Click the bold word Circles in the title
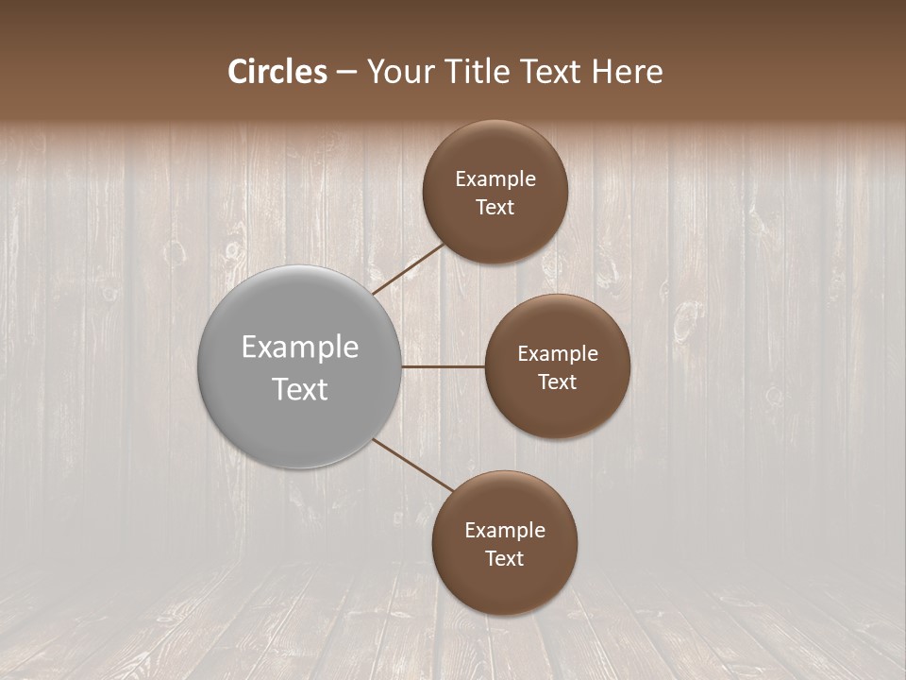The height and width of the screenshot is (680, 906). [277, 72]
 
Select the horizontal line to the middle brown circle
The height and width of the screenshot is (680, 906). [444, 366]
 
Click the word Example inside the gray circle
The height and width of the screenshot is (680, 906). [300, 348]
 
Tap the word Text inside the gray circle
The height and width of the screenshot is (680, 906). [300, 389]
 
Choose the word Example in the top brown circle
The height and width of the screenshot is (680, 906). [495, 179]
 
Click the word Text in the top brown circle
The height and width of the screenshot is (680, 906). [495, 208]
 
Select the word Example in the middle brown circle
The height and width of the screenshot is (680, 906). [558, 354]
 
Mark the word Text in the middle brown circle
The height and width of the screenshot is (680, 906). [558, 382]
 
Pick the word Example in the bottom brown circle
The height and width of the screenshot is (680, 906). [505, 531]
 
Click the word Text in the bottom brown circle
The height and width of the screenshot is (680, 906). [505, 559]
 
